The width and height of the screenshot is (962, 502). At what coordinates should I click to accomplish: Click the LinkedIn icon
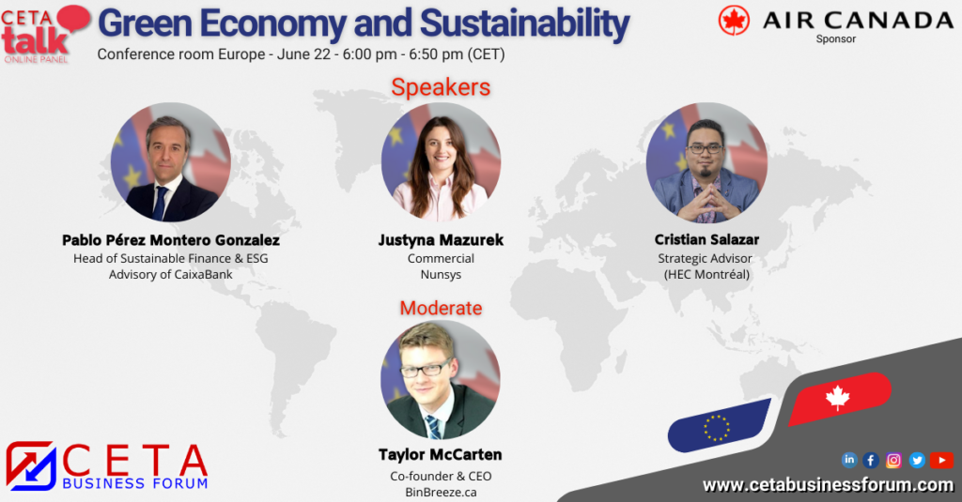[x=849, y=460]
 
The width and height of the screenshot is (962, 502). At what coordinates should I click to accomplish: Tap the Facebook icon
[x=871, y=461]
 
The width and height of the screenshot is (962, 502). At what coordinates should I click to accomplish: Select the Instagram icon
[x=893, y=461]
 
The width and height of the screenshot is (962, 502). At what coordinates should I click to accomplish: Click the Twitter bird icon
[x=917, y=461]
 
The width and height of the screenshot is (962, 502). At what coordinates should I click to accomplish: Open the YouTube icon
[x=941, y=461]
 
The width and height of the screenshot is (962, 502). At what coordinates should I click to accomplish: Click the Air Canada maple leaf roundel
[x=734, y=21]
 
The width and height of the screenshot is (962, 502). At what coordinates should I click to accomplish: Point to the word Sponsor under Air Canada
[x=835, y=39]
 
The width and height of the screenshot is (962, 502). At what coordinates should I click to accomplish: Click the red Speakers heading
[x=441, y=87]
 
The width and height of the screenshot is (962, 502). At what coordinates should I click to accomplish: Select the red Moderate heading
[x=441, y=308]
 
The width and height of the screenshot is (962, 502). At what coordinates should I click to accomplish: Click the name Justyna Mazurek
[x=441, y=239]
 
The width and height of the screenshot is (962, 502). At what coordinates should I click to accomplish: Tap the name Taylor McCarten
[x=440, y=454]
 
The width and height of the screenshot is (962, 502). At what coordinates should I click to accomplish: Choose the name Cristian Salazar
[x=706, y=239]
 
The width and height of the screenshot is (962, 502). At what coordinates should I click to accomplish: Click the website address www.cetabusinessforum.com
[x=829, y=485]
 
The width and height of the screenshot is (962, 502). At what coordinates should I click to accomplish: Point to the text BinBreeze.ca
[x=441, y=493]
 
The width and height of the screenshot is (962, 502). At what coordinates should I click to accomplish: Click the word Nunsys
[x=441, y=275]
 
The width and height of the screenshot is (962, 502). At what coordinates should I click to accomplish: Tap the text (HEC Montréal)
[x=706, y=275]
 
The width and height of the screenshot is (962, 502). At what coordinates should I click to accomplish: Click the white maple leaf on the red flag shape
[x=837, y=397]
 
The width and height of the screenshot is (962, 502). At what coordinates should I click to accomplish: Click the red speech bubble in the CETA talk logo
[x=73, y=19]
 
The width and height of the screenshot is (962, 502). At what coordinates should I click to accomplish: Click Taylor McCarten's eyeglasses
[x=427, y=369]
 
